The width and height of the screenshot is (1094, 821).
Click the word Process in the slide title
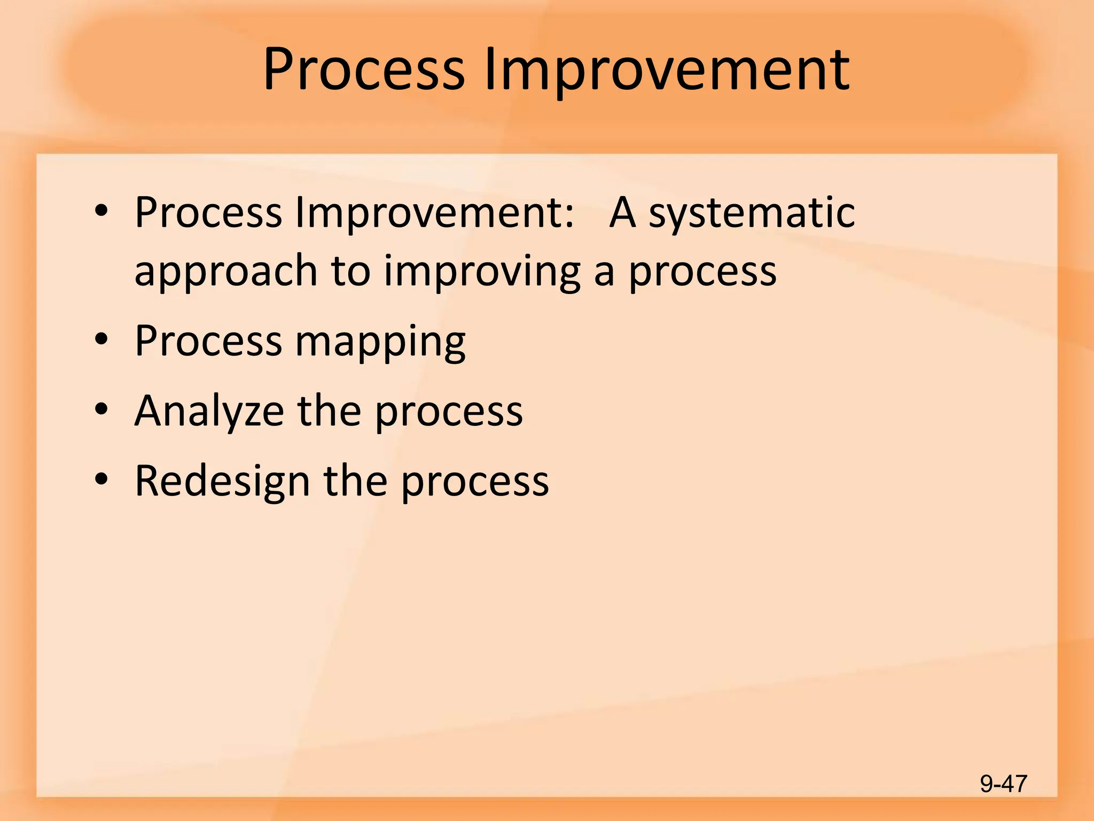point(364,69)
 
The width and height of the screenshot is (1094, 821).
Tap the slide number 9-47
point(1003,784)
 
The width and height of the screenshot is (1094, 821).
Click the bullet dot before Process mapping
point(101,339)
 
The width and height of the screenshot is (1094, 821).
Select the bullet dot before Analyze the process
point(101,409)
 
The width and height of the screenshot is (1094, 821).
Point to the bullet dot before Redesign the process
point(101,479)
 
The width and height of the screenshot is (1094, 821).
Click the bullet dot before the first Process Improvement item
point(101,211)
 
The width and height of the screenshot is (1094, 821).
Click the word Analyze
point(209,411)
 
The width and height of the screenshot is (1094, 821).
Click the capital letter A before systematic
point(623,212)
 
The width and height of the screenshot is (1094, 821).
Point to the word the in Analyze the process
point(329,411)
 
